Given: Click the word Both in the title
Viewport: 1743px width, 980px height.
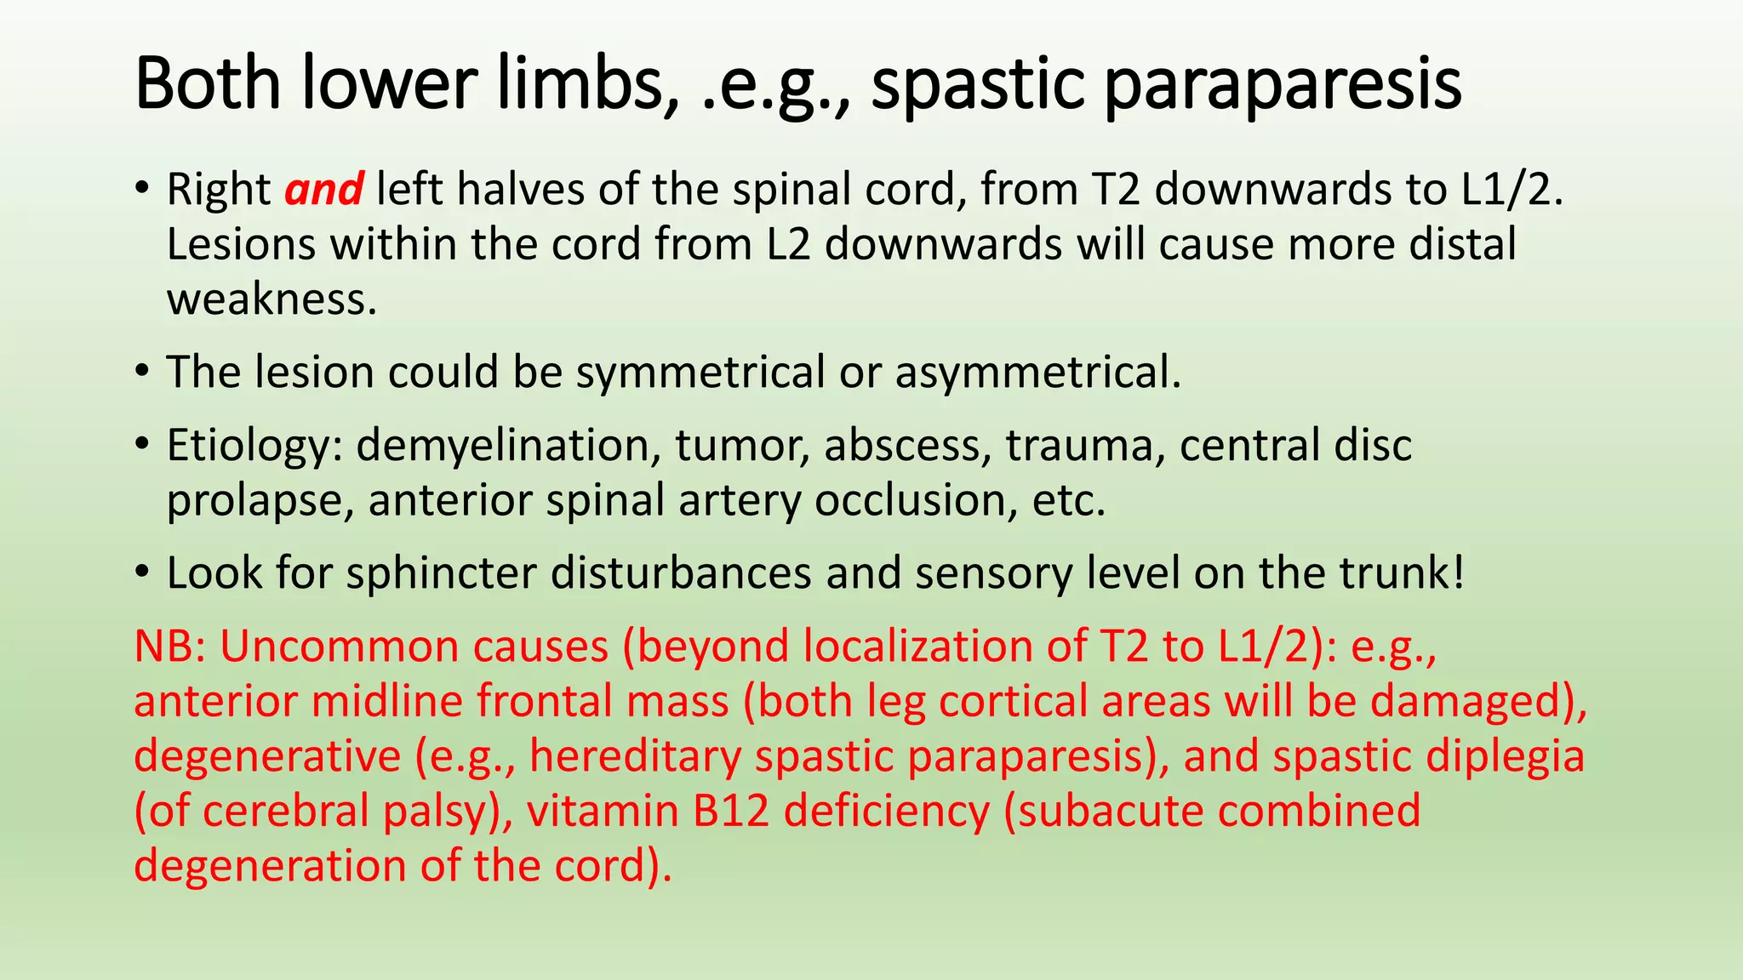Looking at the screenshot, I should (208, 83).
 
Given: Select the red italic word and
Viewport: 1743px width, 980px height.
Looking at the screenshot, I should (324, 189).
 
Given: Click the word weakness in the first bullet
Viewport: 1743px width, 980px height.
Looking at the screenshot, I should (271, 299).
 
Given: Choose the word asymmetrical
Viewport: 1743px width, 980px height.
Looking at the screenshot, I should (1037, 373).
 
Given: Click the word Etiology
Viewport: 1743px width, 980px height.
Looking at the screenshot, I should (254, 446).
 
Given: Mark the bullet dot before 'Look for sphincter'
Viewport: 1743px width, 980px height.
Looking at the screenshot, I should (142, 572).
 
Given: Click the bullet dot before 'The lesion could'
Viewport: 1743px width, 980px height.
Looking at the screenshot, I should (142, 372).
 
